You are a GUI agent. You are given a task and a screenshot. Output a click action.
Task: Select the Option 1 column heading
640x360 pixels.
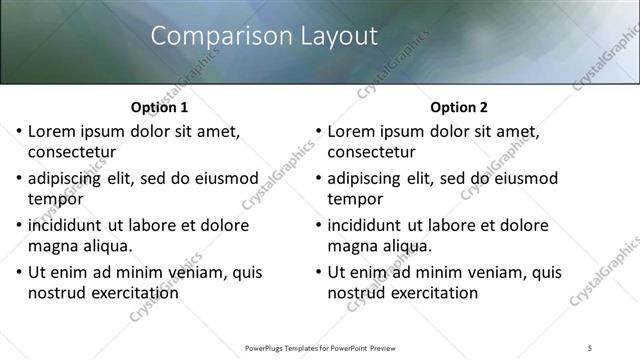click(x=159, y=107)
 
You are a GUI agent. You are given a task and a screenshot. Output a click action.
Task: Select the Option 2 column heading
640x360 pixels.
click(x=458, y=107)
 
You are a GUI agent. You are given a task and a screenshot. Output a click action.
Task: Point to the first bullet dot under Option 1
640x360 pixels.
click(x=19, y=132)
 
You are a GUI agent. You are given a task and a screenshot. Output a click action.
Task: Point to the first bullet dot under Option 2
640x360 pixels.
click(x=318, y=132)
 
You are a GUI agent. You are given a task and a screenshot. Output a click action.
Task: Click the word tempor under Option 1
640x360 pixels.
click(x=56, y=199)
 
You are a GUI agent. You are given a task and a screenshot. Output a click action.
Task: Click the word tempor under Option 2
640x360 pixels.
click(x=355, y=199)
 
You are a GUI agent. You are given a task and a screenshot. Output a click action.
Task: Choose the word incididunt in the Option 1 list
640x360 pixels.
click(x=68, y=225)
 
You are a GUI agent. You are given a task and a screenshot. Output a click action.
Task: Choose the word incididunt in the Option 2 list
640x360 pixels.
click(x=367, y=225)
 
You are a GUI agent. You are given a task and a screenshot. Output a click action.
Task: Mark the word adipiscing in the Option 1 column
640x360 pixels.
click(x=68, y=179)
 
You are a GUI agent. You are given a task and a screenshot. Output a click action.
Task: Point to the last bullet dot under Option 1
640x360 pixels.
click(x=19, y=272)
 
